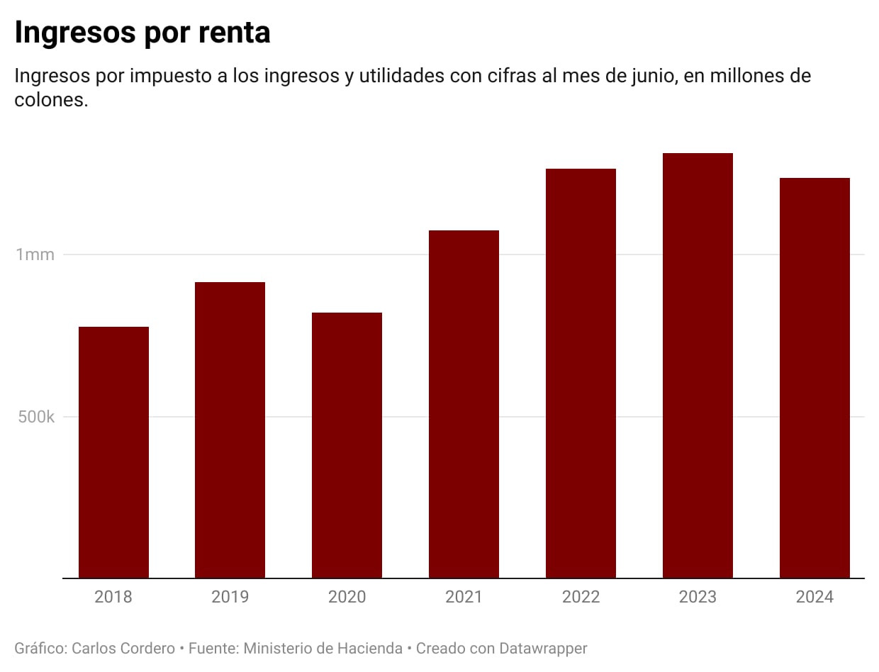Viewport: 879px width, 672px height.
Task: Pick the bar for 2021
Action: point(464,404)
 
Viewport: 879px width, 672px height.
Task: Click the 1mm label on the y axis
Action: point(35,254)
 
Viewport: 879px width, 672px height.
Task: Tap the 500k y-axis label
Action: point(36,417)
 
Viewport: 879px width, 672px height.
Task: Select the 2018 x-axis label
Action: point(113,597)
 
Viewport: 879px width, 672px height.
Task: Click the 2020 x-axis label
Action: point(347,597)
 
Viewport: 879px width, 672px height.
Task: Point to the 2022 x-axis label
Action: point(581,597)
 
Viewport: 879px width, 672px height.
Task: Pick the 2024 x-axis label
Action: point(814,597)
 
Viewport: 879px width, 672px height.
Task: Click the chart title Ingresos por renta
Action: point(142,33)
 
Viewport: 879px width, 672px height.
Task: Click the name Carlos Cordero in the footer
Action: point(123,648)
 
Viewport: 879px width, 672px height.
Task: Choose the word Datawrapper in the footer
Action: point(543,648)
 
